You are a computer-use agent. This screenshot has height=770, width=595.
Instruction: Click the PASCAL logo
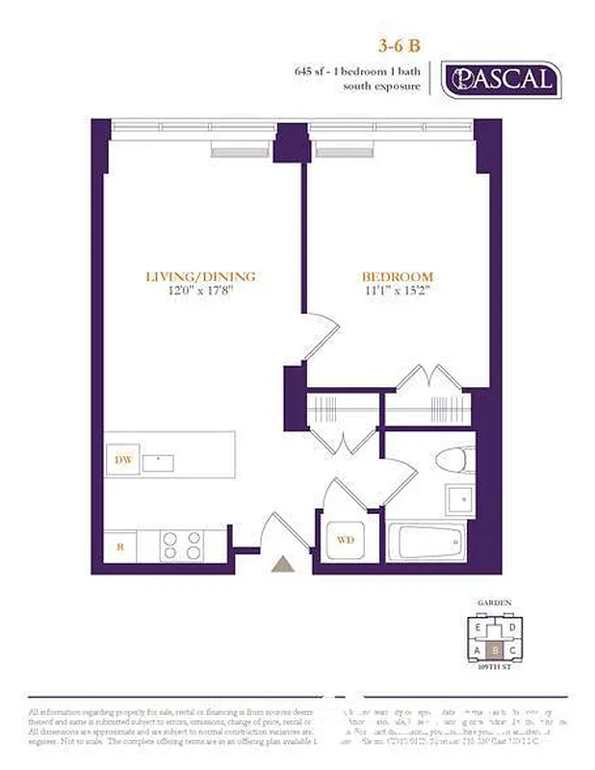coord(500,79)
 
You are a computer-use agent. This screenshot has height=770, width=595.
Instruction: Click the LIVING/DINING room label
coord(200,277)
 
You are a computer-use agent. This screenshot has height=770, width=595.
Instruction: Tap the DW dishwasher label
coord(122,461)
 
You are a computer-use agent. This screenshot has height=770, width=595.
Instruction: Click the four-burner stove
coord(180,546)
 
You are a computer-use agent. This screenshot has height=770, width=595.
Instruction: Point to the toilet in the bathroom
coord(452,461)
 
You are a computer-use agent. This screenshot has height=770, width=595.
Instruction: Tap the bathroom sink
coord(459,501)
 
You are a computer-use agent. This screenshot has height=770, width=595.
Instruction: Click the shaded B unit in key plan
coord(495,649)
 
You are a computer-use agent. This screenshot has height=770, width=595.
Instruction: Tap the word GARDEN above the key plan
coord(495,603)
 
